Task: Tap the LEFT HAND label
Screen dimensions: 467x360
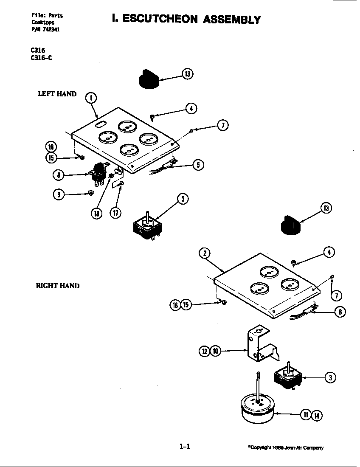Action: click(57, 94)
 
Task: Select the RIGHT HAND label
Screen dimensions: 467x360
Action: click(57, 286)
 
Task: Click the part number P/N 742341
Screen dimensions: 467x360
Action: click(42, 29)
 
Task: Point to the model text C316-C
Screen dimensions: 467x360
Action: click(41, 58)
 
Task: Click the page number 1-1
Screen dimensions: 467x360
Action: click(184, 446)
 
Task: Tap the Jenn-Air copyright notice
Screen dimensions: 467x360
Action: click(286, 447)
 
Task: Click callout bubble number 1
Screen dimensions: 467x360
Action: click(91, 98)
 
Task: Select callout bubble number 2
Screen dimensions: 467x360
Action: click(205, 253)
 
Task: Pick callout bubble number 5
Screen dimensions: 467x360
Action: click(198, 165)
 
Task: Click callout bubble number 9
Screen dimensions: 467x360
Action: click(59, 194)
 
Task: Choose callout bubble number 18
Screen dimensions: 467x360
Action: click(97, 214)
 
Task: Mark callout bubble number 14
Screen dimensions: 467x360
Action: click(317, 415)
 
